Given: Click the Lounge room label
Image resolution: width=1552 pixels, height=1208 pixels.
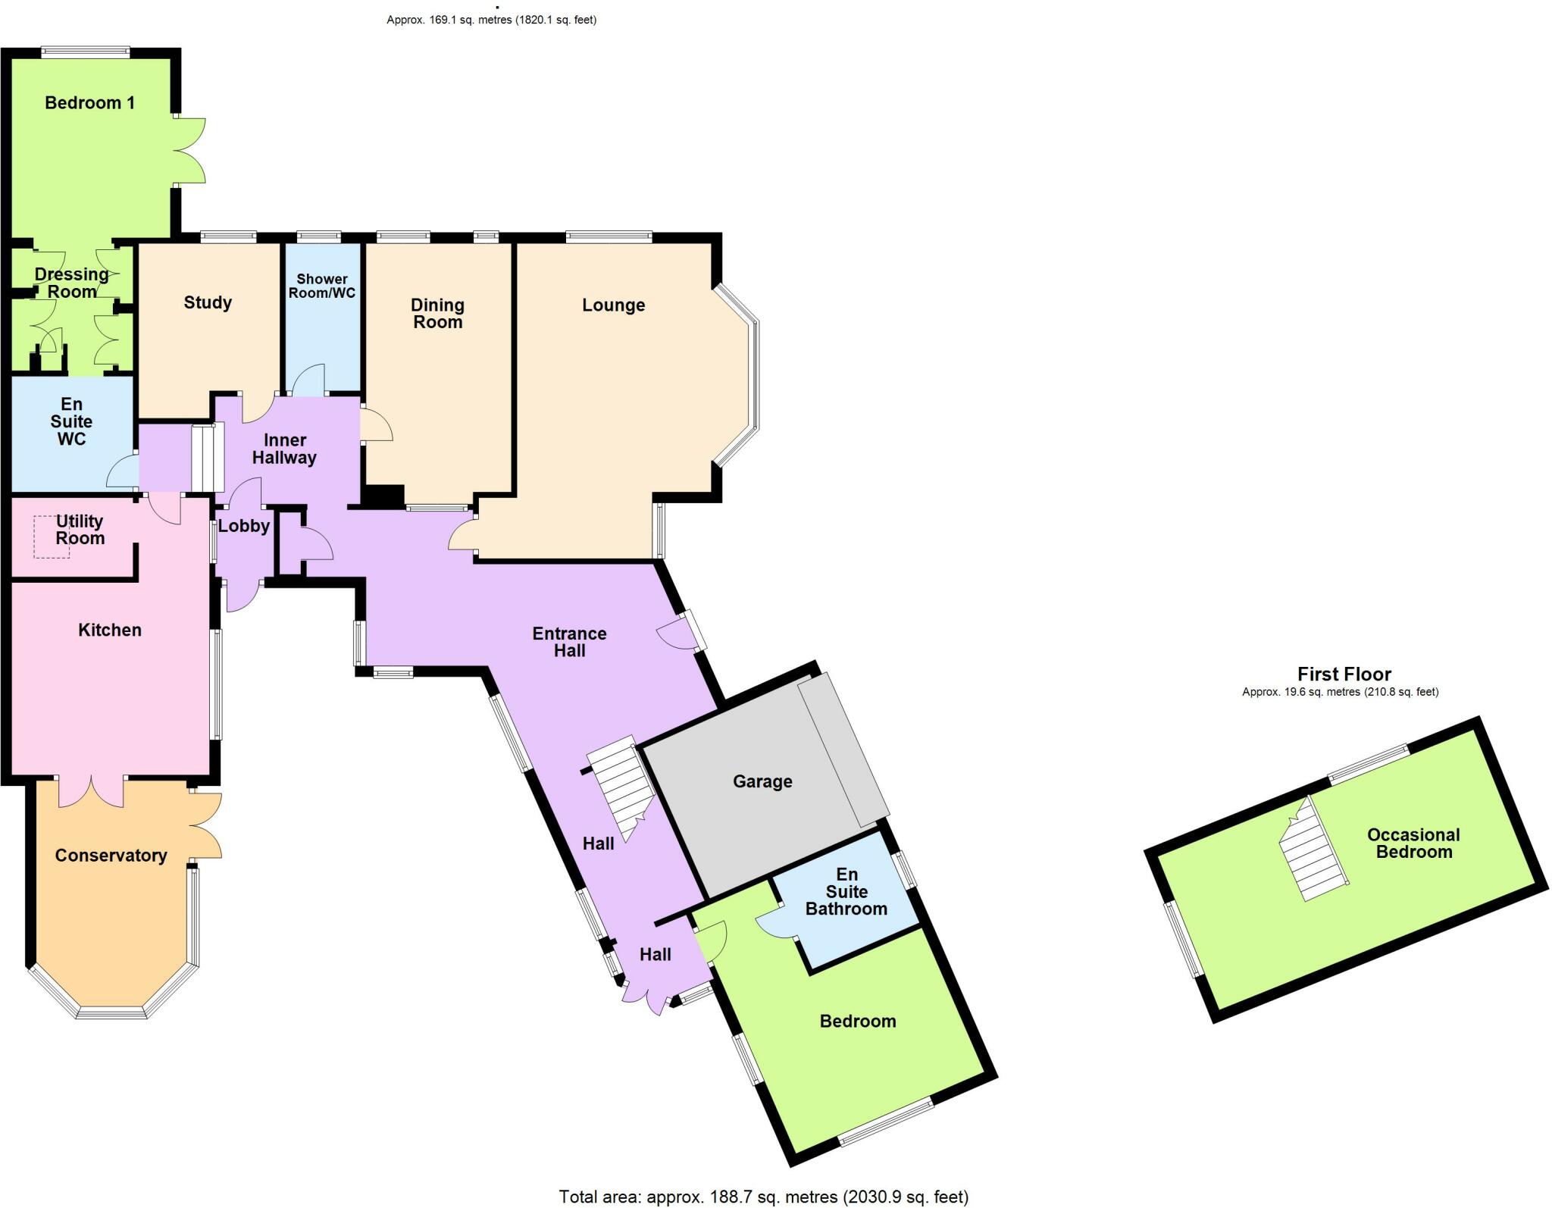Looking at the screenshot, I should [613, 305].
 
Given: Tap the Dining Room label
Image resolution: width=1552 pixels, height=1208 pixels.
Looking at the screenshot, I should [437, 314].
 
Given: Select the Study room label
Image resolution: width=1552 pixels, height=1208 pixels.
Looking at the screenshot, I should [208, 303].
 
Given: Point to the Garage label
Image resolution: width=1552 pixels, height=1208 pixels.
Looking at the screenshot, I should [762, 781].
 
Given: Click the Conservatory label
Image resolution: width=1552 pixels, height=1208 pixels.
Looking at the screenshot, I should [111, 856].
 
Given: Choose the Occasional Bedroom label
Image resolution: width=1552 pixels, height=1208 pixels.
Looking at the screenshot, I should [1413, 843].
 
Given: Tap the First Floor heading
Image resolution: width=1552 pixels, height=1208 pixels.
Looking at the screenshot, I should [1344, 674].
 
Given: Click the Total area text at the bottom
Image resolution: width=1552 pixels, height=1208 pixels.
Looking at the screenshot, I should [763, 1197].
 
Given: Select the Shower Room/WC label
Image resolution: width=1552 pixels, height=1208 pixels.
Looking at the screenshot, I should [322, 286].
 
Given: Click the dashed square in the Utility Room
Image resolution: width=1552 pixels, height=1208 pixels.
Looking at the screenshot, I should [52, 537].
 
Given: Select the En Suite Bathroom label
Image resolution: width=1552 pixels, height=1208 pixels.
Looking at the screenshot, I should [846, 892].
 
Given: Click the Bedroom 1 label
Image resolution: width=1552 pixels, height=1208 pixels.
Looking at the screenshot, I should [89, 103].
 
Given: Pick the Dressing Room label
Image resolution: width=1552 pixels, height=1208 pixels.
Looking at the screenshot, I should [72, 283].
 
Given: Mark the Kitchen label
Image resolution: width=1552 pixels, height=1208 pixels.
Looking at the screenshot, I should [110, 631].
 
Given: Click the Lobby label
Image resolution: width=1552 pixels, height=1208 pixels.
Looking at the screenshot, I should [244, 526].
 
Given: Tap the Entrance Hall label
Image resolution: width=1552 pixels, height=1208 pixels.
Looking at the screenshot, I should [569, 642].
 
